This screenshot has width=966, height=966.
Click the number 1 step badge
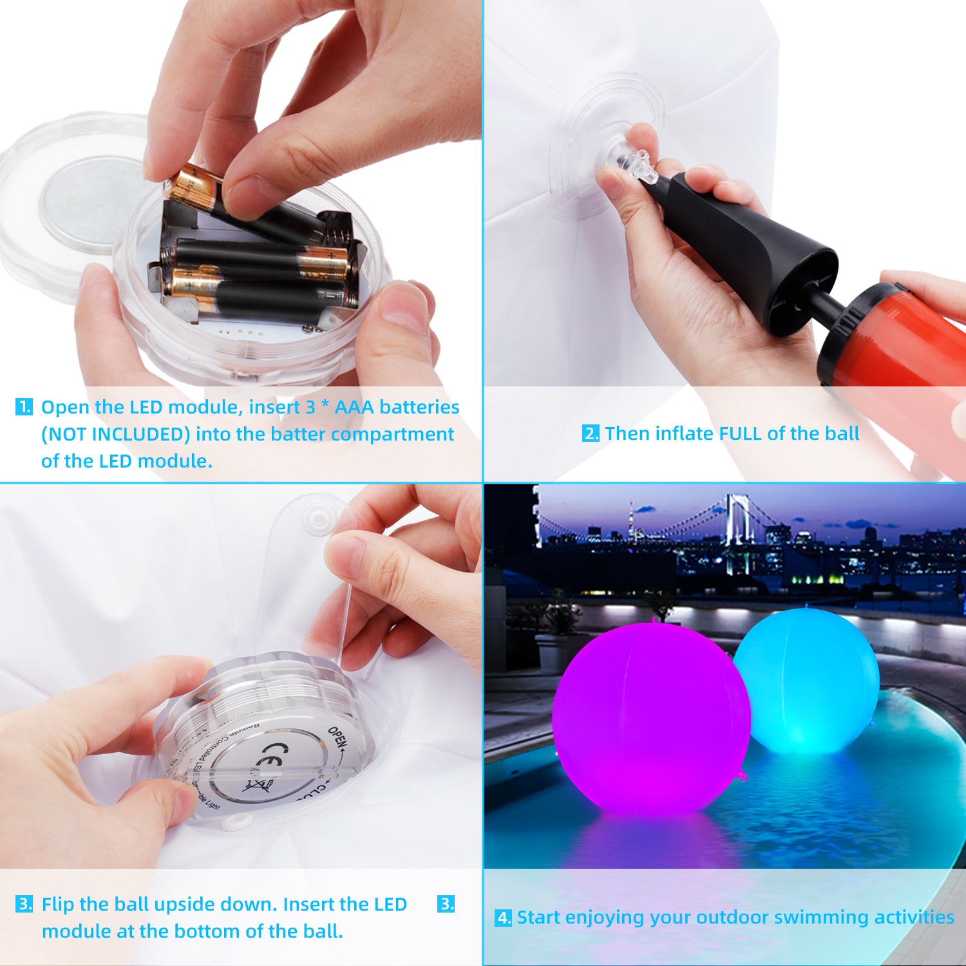tap(24, 407)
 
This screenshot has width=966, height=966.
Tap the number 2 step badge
tap(591, 433)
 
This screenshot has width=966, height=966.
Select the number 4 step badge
tap(503, 918)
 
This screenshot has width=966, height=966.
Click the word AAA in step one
tap(354, 407)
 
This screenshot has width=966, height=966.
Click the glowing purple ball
tap(650, 718)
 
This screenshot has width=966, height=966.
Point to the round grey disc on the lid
tap(90, 203)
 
